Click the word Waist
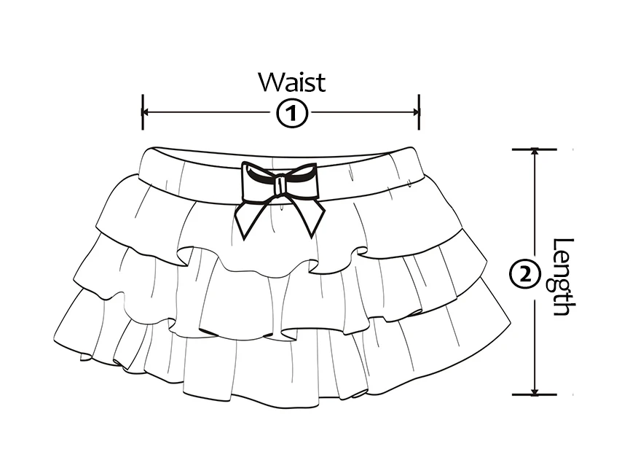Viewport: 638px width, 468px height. point(291,82)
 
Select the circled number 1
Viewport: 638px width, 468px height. point(291,113)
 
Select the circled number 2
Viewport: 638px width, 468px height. point(526,275)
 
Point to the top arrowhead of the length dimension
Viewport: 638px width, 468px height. point(535,154)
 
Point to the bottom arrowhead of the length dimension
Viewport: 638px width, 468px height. point(535,390)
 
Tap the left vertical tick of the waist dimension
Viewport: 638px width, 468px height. point(143,112)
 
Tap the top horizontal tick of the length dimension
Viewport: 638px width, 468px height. point(535,149)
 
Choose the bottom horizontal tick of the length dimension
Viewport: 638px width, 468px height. point(535,394)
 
